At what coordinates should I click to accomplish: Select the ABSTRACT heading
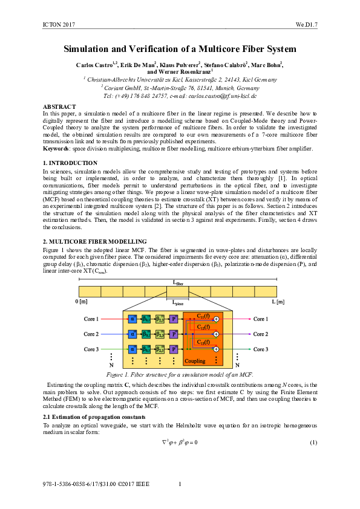(x=59, y=106)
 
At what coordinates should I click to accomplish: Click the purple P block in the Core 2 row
(x=174, y=334)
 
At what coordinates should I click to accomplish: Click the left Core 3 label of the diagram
(x=91, y=349)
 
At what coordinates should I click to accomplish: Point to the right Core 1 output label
(x=261, y=319)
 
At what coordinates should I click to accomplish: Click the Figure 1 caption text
(x=180, y=374)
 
